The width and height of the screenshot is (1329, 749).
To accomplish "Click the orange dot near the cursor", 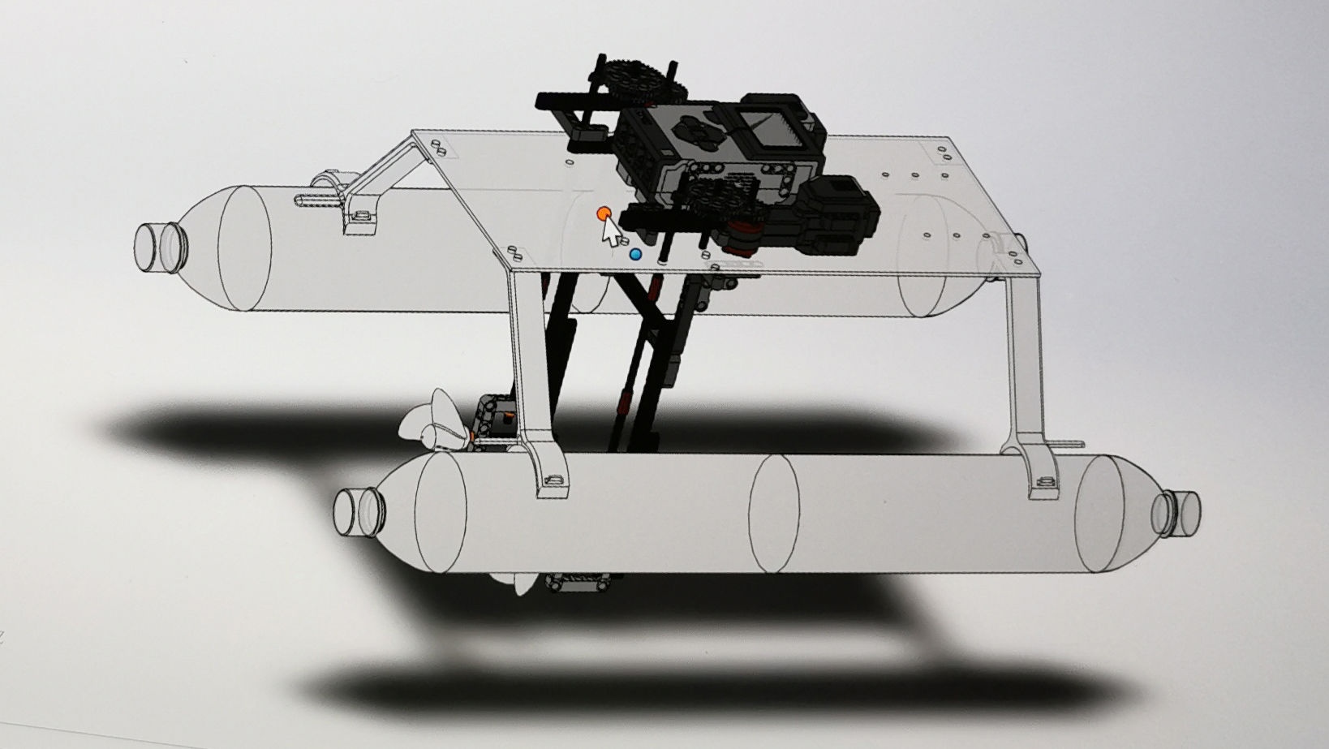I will point(602,213).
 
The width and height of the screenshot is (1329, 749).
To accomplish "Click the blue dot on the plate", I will point(635,254).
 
